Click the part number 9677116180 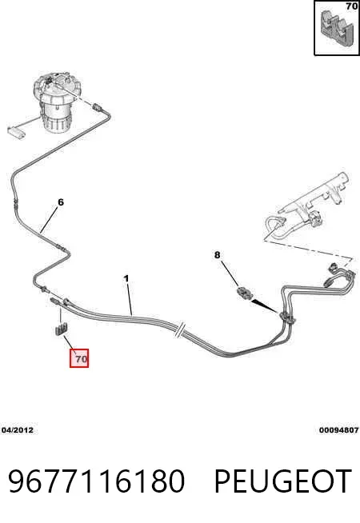point(96,481)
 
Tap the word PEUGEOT point(282,481)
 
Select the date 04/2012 point(18,430)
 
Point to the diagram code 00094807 point(338,430)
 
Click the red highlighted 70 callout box point(79,358)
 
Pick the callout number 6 point(60,202)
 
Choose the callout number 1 point(126,278)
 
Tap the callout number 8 point(218,255)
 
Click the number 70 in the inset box point(352,6)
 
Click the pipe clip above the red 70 point(60,329)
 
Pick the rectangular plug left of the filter point(17,132)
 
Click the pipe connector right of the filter point(98,108)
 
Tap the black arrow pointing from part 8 point(265,306)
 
